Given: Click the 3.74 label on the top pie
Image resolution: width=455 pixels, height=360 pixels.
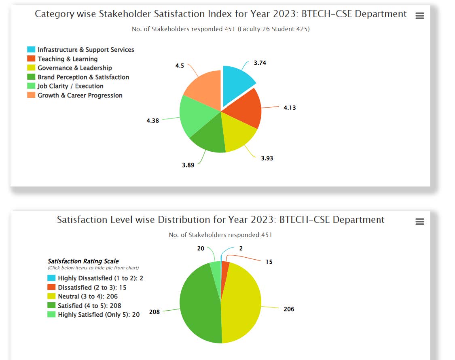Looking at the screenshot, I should [x=260, y=63].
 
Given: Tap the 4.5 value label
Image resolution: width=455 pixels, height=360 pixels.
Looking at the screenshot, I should [x=180, y=66].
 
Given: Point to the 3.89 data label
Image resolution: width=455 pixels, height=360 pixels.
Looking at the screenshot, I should [x=188, y=165].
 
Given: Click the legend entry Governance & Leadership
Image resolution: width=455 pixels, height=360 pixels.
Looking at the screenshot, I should [x=75, y=68].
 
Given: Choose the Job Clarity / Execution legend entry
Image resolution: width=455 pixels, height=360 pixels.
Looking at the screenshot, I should [x=70, y=86].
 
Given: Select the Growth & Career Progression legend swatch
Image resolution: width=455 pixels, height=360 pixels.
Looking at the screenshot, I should [x=31, y=95].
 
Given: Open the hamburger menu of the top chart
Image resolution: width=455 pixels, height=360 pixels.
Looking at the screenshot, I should [x=420, y=16].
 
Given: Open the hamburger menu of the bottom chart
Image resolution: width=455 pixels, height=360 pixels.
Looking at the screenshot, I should [x=420, y=222].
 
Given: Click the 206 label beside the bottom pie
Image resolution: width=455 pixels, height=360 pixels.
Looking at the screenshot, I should [x=289, y=309].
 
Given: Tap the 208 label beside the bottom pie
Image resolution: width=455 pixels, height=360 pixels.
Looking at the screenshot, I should [x=154, y=312].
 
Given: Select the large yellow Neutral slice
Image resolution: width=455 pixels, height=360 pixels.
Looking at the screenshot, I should [x=243, y=303].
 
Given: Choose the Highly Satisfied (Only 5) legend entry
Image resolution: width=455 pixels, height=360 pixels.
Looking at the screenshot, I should [x=99, y=315].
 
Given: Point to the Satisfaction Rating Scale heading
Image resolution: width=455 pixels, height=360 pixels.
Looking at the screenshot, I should [x=83, y=261].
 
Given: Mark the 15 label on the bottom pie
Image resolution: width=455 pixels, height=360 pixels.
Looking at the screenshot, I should [x=269, y=262].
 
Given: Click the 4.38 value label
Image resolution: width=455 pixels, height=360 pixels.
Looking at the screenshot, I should [x=152, y=121].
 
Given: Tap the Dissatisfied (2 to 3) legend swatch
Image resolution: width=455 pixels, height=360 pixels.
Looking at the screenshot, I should [x=51, y=287].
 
